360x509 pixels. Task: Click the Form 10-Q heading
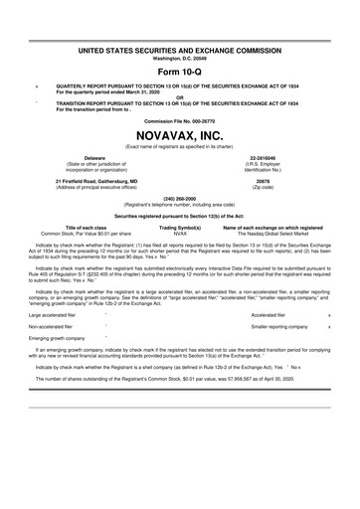click(x=180, y=74)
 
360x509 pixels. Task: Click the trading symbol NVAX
click(x=180, y=233)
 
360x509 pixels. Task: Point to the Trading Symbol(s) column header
click(x=180, y=227)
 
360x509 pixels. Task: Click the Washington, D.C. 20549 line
click(x=180, y=57)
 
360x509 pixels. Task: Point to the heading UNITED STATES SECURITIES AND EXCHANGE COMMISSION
click(x=180, y=49)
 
